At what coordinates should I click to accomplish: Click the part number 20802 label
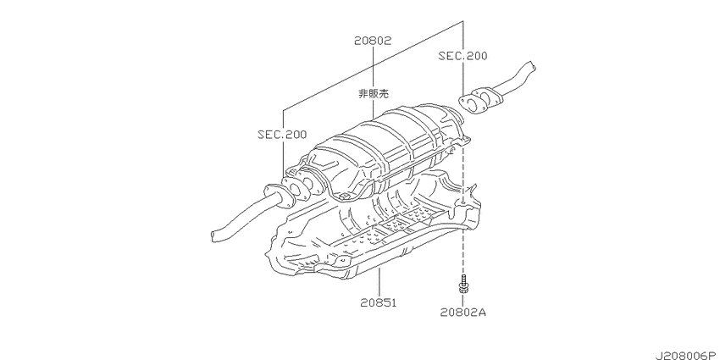[373, 41]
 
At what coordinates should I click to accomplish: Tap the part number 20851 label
[379, 303]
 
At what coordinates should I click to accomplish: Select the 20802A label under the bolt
[462, 313]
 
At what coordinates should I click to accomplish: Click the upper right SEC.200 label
[462, 56]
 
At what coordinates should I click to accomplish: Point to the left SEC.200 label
[282, 135]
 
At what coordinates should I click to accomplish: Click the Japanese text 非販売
[374, 94]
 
